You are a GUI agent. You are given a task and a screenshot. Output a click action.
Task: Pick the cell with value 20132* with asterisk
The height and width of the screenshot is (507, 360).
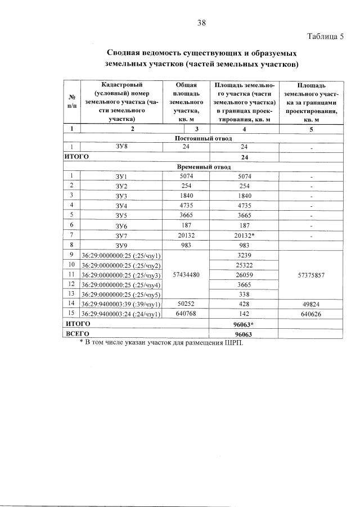tap(245, 234)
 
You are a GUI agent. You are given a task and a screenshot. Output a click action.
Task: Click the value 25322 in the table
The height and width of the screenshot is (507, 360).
tap(244, 265)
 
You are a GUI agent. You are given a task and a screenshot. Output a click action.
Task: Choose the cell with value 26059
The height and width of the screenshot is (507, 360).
tap(244, 275)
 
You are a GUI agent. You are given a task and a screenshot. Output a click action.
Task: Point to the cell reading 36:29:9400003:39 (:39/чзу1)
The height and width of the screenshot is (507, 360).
tap(121, 304)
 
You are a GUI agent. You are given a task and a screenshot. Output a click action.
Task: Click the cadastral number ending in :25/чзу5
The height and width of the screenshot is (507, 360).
tap(121, 294)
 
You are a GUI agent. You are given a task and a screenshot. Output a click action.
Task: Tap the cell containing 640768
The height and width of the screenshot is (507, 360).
tap(185, 314)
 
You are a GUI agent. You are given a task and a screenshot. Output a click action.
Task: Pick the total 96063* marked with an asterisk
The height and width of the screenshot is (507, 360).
tap(245, 324)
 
